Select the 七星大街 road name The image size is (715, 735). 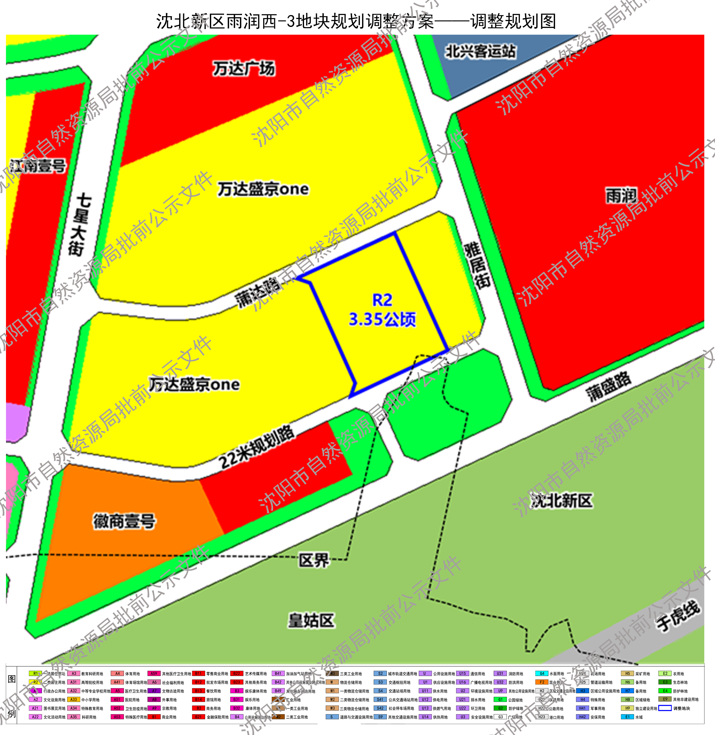[x=79, y=225]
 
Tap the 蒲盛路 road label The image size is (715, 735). [x=608, y=387]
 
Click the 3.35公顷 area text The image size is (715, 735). [x=382, y=320]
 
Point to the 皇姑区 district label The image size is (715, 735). [x=311, y=620]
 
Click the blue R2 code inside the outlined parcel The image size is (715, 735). [x=382, y=300]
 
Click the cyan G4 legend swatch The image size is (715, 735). [x=542, y=674]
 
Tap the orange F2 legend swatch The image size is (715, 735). [x=542, y=682]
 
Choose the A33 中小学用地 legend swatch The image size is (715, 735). [x=74, y=700]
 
